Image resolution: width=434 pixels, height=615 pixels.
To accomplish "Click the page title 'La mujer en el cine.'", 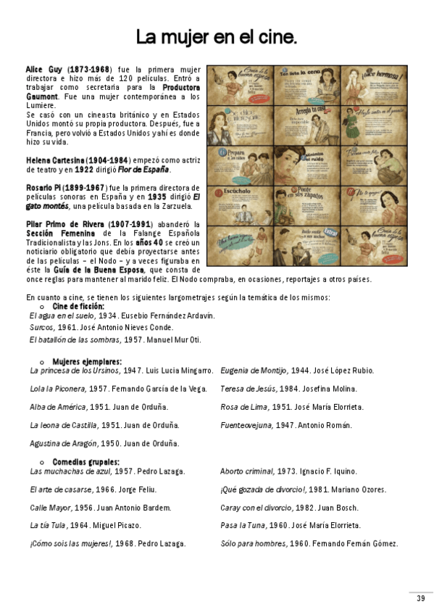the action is point(217,38).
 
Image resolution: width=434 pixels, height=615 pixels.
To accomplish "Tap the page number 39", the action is point(420,598).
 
